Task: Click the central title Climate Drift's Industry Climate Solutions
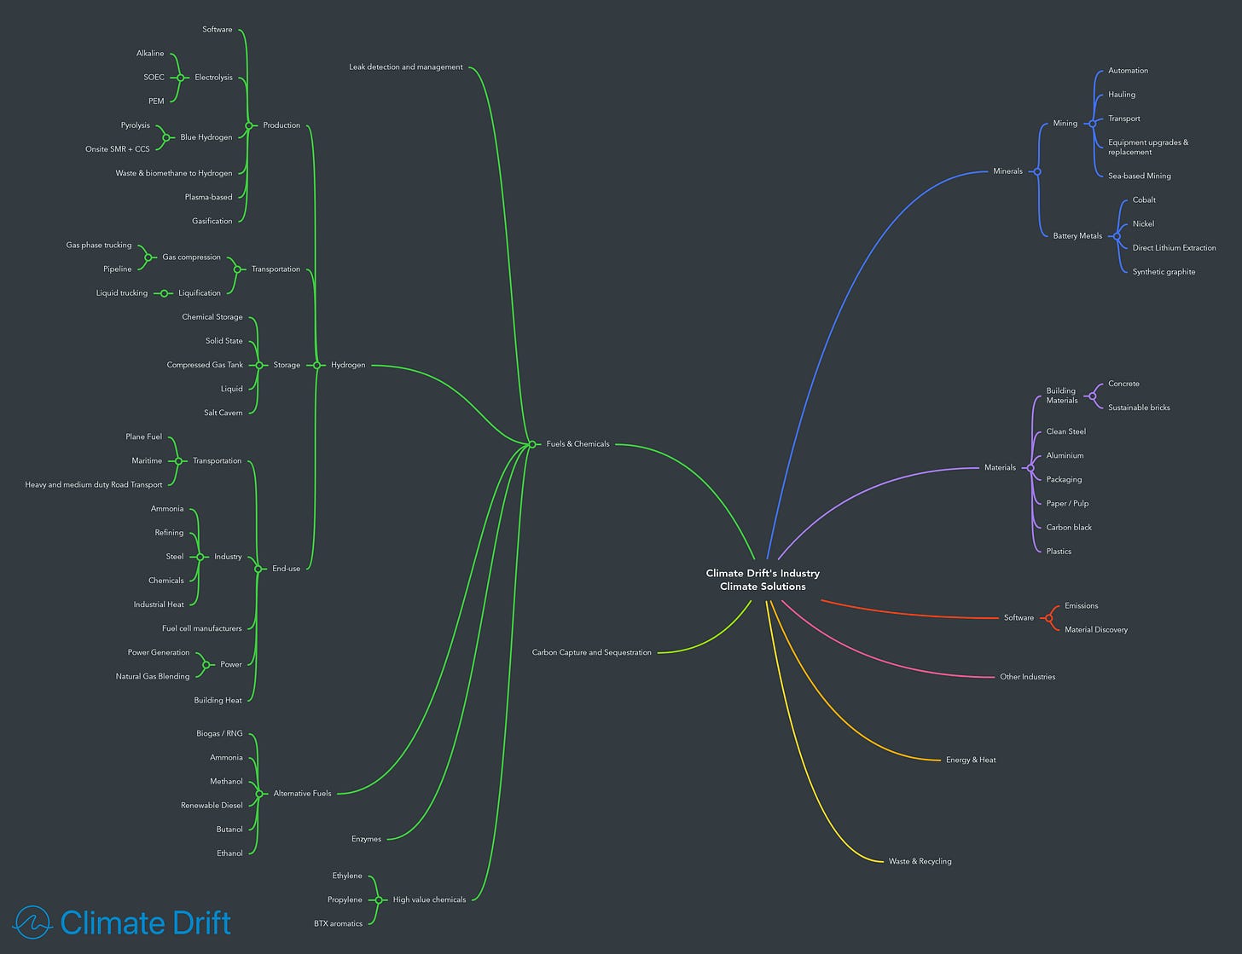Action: tap(763, 580)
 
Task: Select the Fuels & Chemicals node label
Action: tap(577, 444)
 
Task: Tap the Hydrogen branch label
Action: tap(348, 365)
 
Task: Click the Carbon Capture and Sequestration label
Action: tap(591, 653)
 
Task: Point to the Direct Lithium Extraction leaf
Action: tap(1174, 248)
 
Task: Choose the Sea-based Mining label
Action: tap(1139, 176)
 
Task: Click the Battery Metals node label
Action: tap(1077, 236)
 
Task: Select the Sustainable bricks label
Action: tap(1139, 408)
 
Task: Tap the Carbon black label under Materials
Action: tap(1069, 528)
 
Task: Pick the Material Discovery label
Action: tap(1095, 630)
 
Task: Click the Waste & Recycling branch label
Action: tap(920, 862)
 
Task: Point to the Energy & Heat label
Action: tap(971, 760)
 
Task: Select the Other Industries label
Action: tap(1027, 677)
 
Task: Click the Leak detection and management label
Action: tap(406, 67)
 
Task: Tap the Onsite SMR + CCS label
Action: tap(118, 149)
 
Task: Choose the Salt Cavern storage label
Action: tap(223, 413)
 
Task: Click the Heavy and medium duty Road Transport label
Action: tap(94, 485)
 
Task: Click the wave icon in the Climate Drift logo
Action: tap(33, 922)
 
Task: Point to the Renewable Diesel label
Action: tap(212, 806)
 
